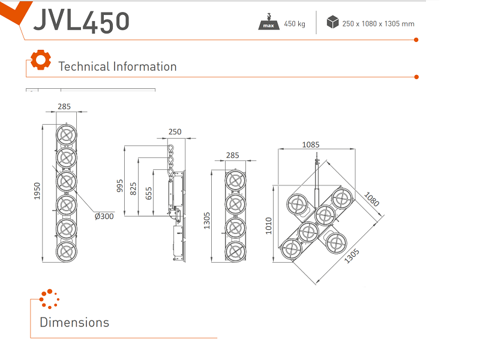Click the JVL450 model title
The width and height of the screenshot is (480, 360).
tap(82, 20)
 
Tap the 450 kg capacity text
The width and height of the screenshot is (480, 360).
tap(295, 24)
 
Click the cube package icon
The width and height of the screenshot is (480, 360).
tap(332, 23)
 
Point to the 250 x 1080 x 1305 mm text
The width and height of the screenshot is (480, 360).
tap(378, 24)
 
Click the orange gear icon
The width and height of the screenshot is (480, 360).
tap(40, 60)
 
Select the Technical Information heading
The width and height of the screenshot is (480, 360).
tap(118, 67)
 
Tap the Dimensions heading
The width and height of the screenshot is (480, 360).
tap(74, 322)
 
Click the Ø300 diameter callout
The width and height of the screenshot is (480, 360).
tap(104, 217)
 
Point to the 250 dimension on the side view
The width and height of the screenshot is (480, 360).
tap(175, 132)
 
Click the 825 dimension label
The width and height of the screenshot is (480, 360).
tap(133, 188)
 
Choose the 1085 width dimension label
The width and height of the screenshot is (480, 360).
tap(311, 144)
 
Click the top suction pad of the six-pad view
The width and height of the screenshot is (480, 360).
tap(67, 134)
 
